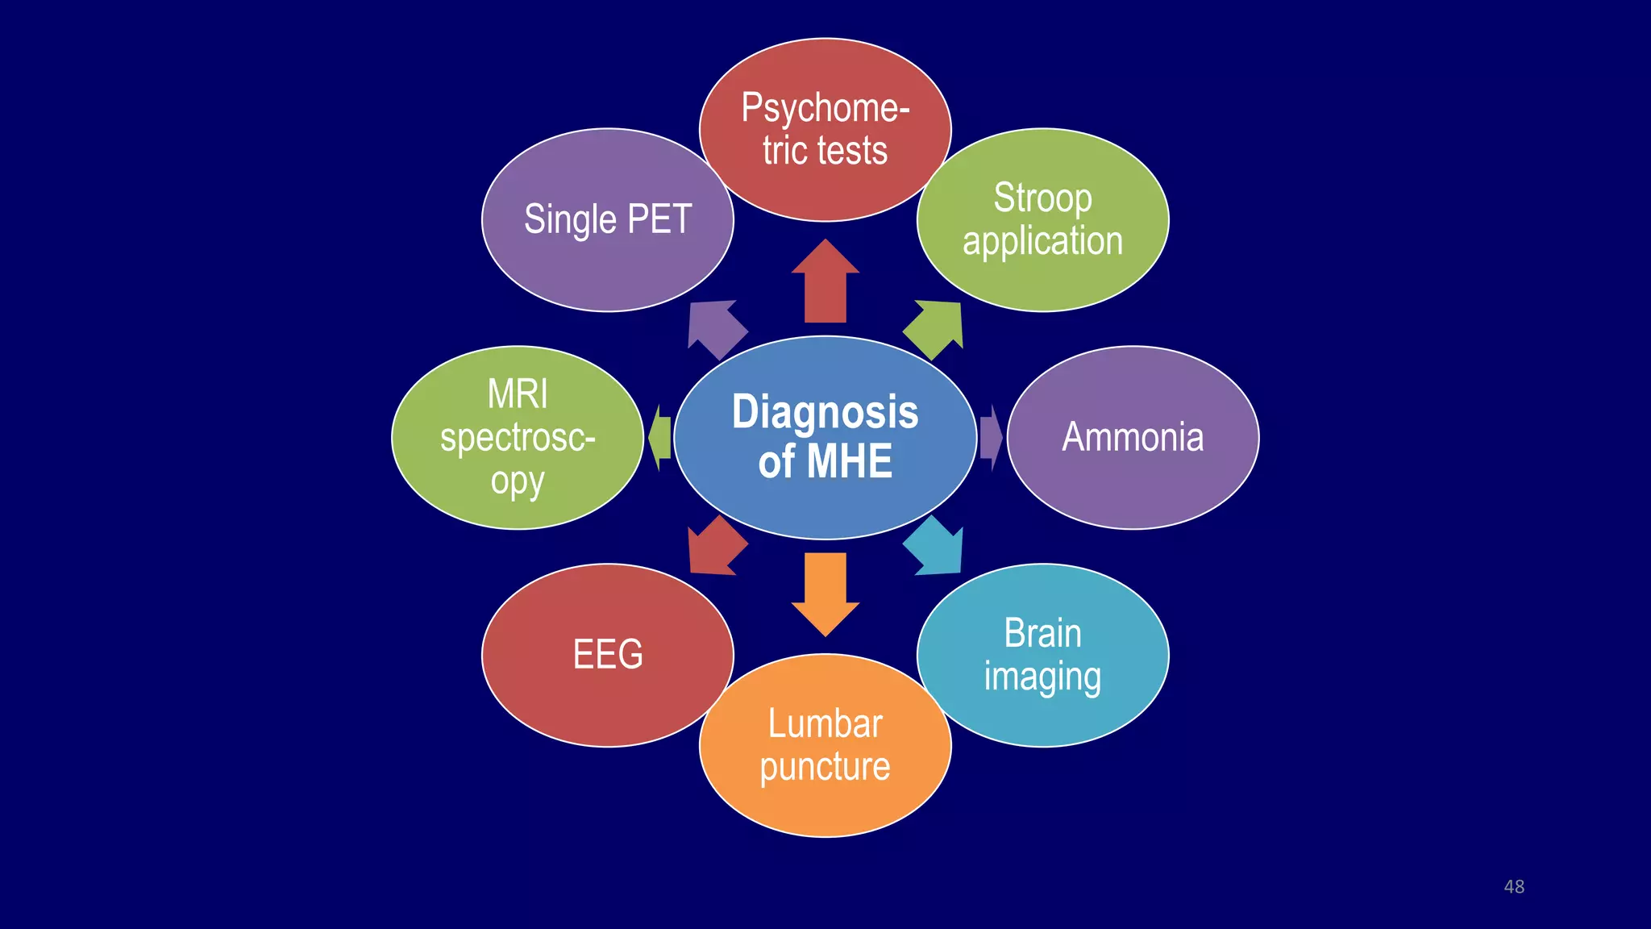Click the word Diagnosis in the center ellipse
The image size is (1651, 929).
pos(825,414)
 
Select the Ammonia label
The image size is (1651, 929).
pos(1133,437)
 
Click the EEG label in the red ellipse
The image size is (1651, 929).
pos(608,654)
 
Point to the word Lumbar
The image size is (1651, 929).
pos(825,723)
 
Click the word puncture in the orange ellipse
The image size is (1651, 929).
pos(825,767)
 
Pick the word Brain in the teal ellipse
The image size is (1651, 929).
pos(1042,633)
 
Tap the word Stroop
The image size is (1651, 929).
pos(1042,198)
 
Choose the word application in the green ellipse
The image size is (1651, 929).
pos(1042,241)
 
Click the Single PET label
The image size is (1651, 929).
pos(608,219)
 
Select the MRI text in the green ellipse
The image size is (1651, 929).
pos(518,394)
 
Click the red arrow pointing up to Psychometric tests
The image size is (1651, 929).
pos(825,282)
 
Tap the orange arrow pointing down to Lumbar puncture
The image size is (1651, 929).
pos(825,593)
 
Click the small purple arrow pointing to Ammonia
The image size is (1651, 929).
pos(991,437)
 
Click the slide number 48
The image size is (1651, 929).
pos(1514,886)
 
